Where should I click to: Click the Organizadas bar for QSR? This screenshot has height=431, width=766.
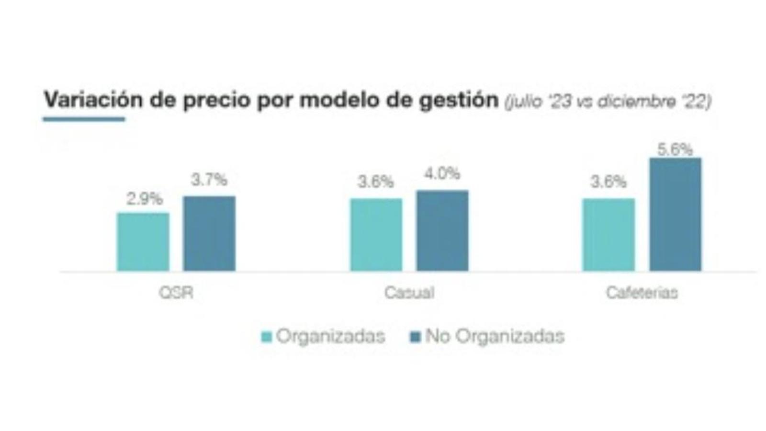[x=143, y=242]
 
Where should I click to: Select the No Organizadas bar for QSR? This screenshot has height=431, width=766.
[x=209, y=234]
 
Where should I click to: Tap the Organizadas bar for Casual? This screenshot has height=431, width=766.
[x=376, y=235]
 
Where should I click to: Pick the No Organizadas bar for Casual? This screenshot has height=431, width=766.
[x=442, y=231]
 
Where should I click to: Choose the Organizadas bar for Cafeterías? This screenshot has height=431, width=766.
[x=608, y=235]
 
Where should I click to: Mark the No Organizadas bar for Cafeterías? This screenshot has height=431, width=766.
[x=675, y=215]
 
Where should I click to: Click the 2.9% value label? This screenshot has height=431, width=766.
[x=144, y=199]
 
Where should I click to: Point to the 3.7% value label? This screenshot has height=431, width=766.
[x=209, y=180]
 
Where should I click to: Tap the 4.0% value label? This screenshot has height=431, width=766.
[x=442, y=174]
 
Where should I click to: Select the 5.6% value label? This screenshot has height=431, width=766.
[x=675, y=150]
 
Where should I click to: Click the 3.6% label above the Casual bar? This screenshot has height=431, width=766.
[x=376, y=182]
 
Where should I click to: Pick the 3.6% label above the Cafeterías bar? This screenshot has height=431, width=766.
[x=608, y=182]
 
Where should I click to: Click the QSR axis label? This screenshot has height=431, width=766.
[x=176, y=293]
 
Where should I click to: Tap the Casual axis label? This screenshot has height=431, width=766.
[x=409, y=293]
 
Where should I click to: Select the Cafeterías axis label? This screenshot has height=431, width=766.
[x=642, y=293]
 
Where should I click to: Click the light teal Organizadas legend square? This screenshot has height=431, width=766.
[x=267, y=336]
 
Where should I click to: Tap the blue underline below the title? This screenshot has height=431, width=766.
[x=84, y=119]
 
